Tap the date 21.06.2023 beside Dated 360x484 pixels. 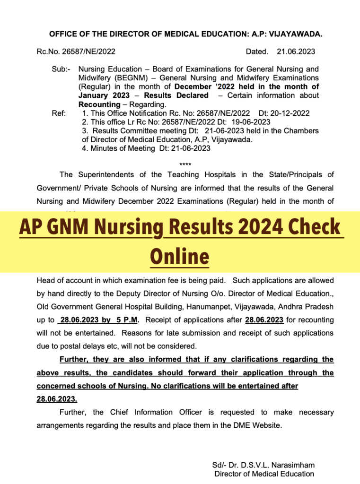pyautogui.click(x=296, y=52)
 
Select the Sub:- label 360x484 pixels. pyautogui.click(x=61, y=69)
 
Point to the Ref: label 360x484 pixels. pyautogui.click(x=59, y=113)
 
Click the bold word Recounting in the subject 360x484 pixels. pyautogui.click(x=99, y=104)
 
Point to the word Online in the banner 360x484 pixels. pyautogui.click(x=179, y=256)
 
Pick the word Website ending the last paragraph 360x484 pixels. pyautogui.click(x=266, y=425)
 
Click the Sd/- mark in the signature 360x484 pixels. pyautogui.click(x=219, y=465)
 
